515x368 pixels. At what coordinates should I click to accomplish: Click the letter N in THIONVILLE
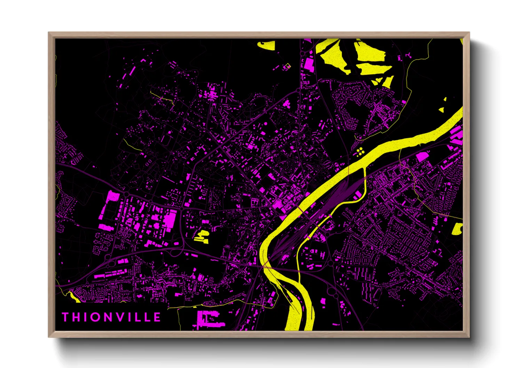pyautogui.click(x=111, y=317)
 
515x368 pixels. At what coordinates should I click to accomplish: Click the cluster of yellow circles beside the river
pyautogui.click(x=360, y=151)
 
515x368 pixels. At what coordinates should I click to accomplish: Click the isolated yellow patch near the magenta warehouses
pyautogui.click(x=201, y=235)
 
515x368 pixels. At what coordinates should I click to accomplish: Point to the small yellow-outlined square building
pyautogui.click(x=288, y=66)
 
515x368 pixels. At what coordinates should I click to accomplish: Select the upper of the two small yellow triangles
pyautogui.click(x=445, y=99)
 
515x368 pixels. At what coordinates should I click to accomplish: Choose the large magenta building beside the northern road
pyautogui.click(x=309, y=64)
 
